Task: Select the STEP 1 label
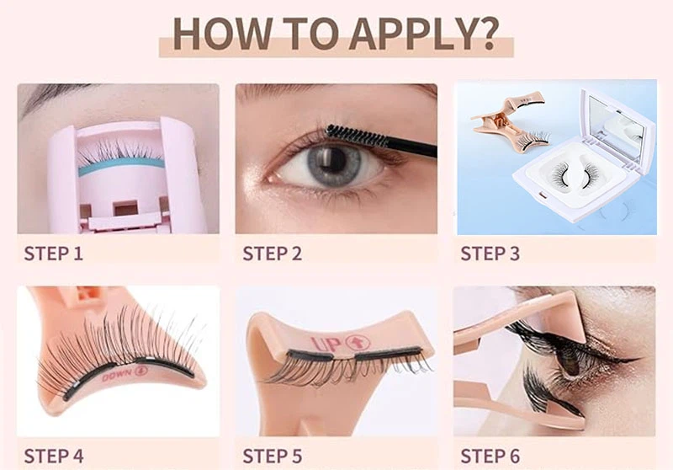point(54,252)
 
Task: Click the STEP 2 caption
point(273,252)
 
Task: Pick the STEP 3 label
point(490,252)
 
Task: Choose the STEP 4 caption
point(54,456)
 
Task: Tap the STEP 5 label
point(273,456)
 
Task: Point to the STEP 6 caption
point(490,456)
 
